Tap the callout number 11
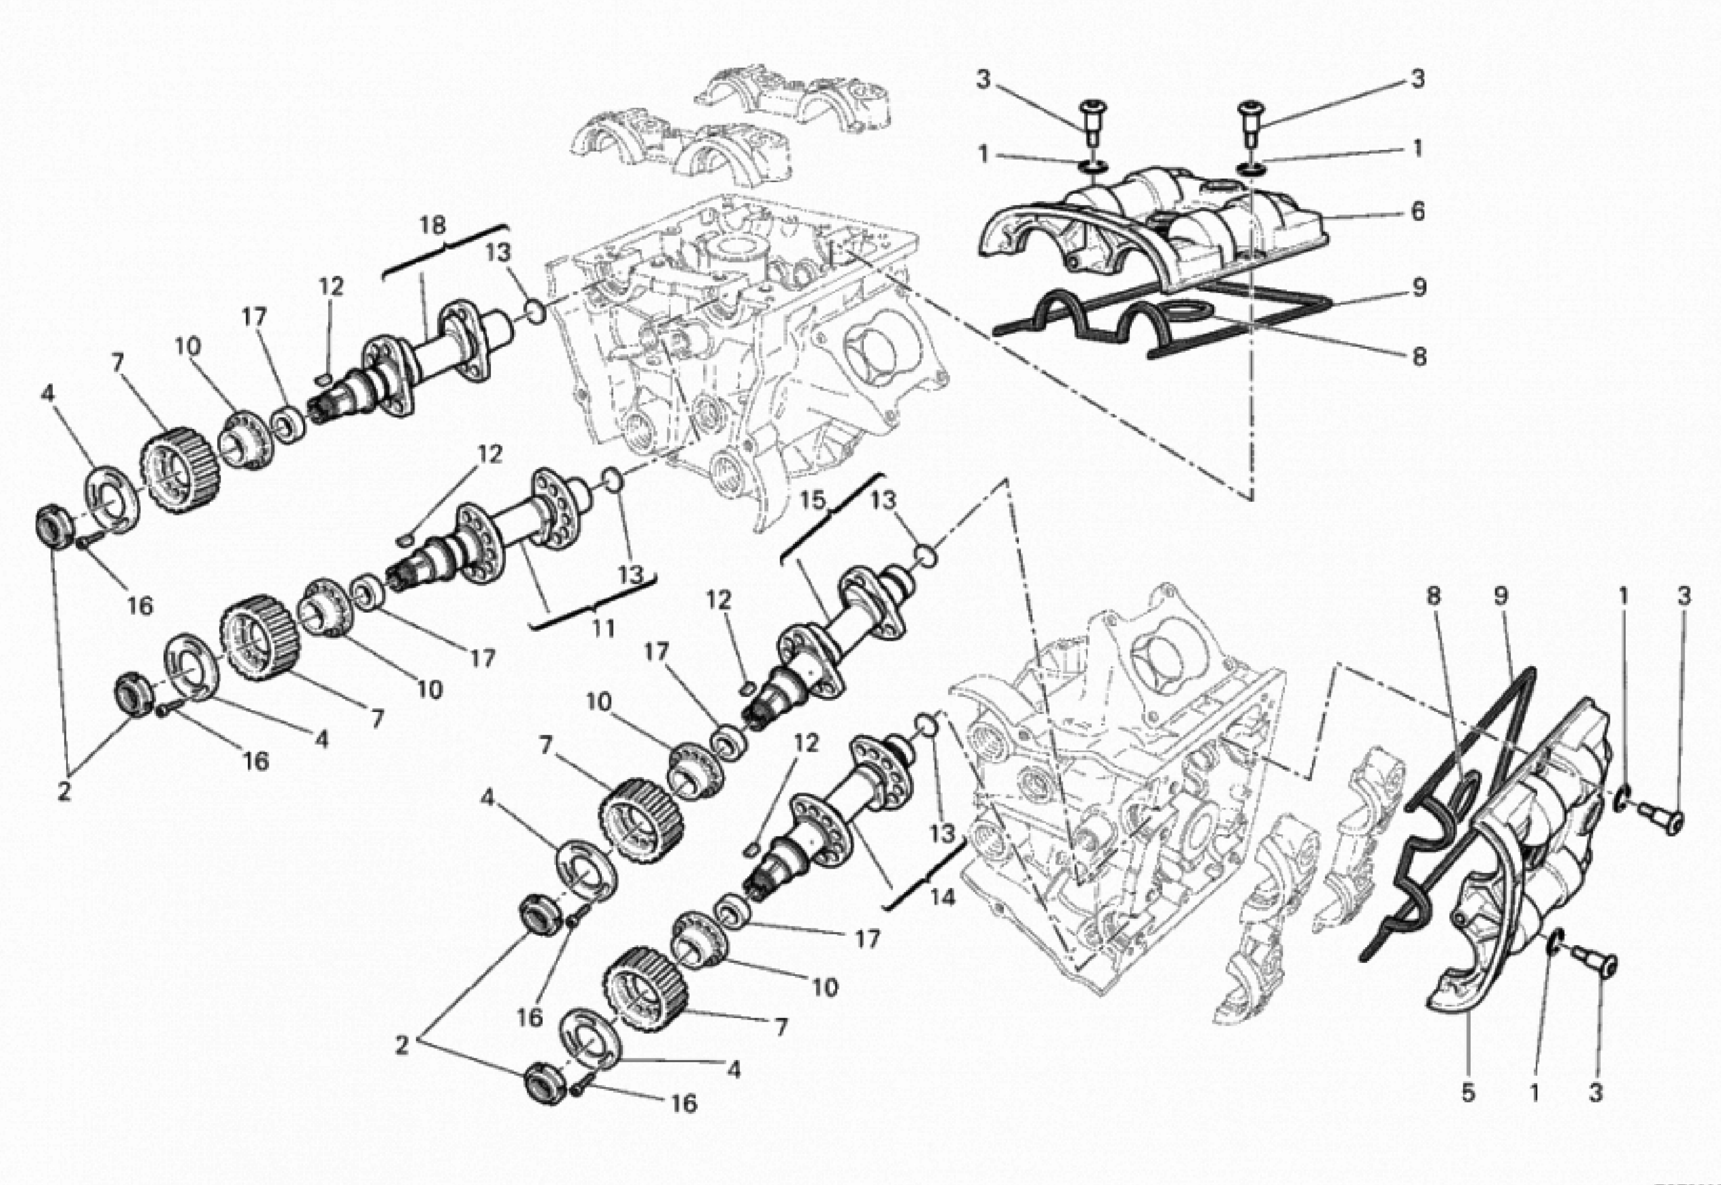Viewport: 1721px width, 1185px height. point(603,628)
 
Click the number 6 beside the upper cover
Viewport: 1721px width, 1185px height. point(1417,212)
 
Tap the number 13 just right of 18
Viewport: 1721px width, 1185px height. point(499,253)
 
